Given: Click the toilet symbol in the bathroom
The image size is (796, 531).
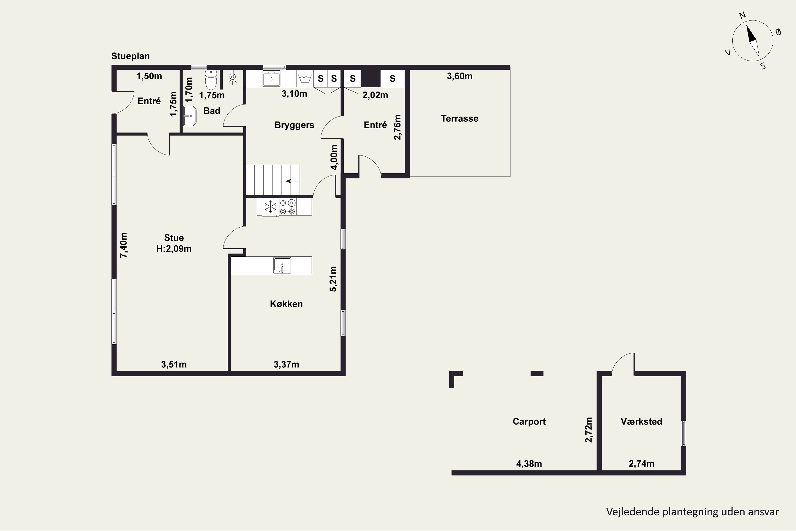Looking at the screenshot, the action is click(x=211, y=80).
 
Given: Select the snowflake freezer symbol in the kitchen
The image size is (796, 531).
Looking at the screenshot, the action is click(x=270, y=207).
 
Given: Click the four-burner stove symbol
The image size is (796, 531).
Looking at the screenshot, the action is click(x=287, y=207).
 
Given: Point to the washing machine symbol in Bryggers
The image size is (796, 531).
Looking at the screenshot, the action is click(x=305, y=79).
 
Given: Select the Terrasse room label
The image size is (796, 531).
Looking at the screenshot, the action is click(x=459, y=118).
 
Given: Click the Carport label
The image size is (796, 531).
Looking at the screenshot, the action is click(x=529, y=422).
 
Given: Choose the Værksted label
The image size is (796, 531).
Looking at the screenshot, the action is click(x=641, y=422).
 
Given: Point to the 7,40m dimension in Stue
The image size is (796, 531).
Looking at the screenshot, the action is click(x=124, y=245).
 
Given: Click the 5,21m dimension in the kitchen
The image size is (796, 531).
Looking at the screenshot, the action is click(x=333, y=279).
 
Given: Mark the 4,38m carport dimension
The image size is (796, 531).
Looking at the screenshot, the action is click(x=529, y=464).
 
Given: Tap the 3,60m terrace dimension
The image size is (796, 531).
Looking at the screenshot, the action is click(x=460, y=76).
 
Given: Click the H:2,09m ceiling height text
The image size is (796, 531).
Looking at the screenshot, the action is click(x=174, y=249).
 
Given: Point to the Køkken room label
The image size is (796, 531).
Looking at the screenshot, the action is click(x=286, y=304).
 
